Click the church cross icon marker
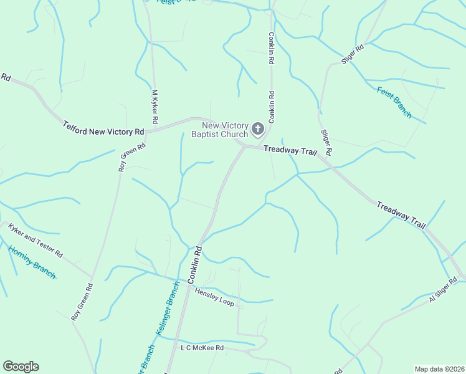[257, 130]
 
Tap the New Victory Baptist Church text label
[220, 130]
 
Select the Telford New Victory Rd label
[103, 129]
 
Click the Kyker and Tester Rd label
[36, 241]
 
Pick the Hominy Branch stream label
[32, 262]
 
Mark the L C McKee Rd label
[202, 348]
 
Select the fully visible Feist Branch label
[394, 102]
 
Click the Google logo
[21, 367]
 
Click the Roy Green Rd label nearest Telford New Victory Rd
[132, 157]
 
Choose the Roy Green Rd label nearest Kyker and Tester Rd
[82, 303]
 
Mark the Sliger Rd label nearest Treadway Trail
[326, 143]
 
